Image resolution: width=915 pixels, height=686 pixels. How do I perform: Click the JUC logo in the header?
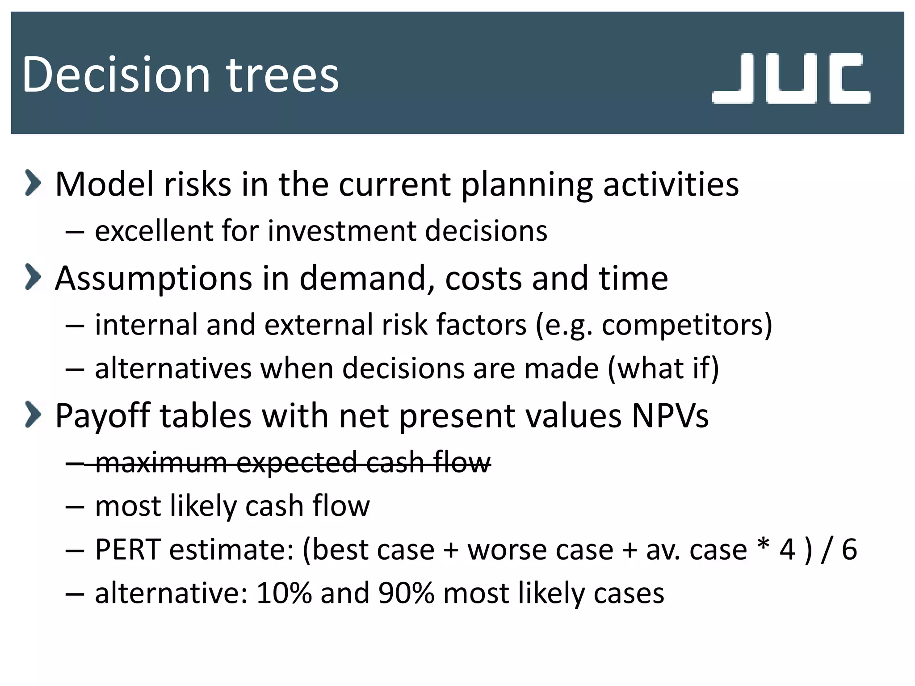click(x=791, y=79)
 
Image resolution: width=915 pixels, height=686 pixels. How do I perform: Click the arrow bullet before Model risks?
click(x=33, y=183)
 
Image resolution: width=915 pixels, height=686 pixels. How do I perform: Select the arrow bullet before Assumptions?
click(x=33, y=277)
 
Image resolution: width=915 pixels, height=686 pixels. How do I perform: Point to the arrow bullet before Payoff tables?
click(x=33, y=414)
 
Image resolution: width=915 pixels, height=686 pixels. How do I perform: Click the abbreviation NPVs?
click(x=670, y=415)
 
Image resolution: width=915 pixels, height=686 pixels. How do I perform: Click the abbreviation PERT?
click(x=128, y=549)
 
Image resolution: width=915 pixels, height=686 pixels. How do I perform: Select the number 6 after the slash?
click(x=849, y=549)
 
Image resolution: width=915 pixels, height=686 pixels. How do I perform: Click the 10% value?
click(x=284, y=593)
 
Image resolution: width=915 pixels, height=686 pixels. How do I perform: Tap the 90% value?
click(x=406, y=593)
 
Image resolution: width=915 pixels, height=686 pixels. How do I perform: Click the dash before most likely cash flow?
click(x=75, y=507)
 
